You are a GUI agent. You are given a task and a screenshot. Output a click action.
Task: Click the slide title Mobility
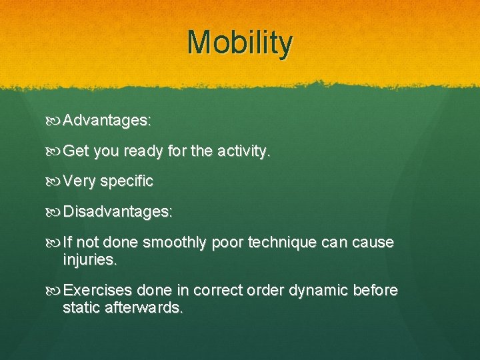pyautogui.click(x=240, y=43)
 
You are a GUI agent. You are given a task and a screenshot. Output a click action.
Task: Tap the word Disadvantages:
pyautogui.click(x=118, y=212)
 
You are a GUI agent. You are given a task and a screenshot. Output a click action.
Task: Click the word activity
pyautogui.click(x=244, y=151)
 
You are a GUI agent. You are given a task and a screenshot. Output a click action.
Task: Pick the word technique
pyautogui.click(x=278, y=243)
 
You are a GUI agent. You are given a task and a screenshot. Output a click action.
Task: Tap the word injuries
pyautogui.click(x=90, y=259)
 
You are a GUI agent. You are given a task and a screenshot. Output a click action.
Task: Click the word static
pyautogui.click(x=79, y=307)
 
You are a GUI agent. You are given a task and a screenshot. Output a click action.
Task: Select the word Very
pyautogui.click(x=79, y=181)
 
